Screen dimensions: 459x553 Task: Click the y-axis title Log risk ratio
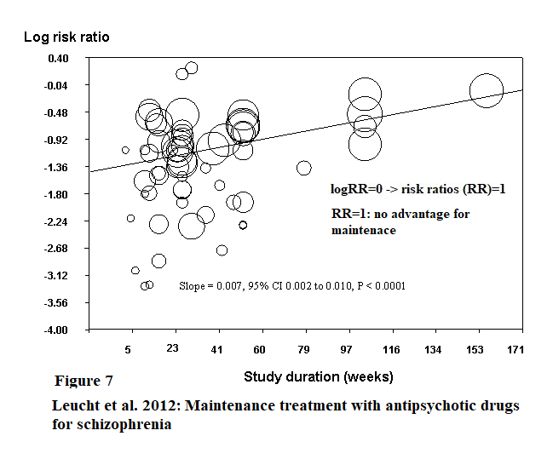(66, 37)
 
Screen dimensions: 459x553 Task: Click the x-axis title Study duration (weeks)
(318, 376)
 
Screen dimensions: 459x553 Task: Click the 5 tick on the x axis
(128, 349)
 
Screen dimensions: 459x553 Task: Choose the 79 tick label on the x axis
(304, 349)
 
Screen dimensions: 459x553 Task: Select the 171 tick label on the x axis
(515, 349)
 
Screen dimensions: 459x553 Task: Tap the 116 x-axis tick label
(391, 349)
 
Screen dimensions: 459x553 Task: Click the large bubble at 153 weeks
(487, 90)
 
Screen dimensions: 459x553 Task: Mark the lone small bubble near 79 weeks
(303, 168)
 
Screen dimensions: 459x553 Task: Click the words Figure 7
(84, 381)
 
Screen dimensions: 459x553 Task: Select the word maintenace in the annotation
(363, 231)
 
